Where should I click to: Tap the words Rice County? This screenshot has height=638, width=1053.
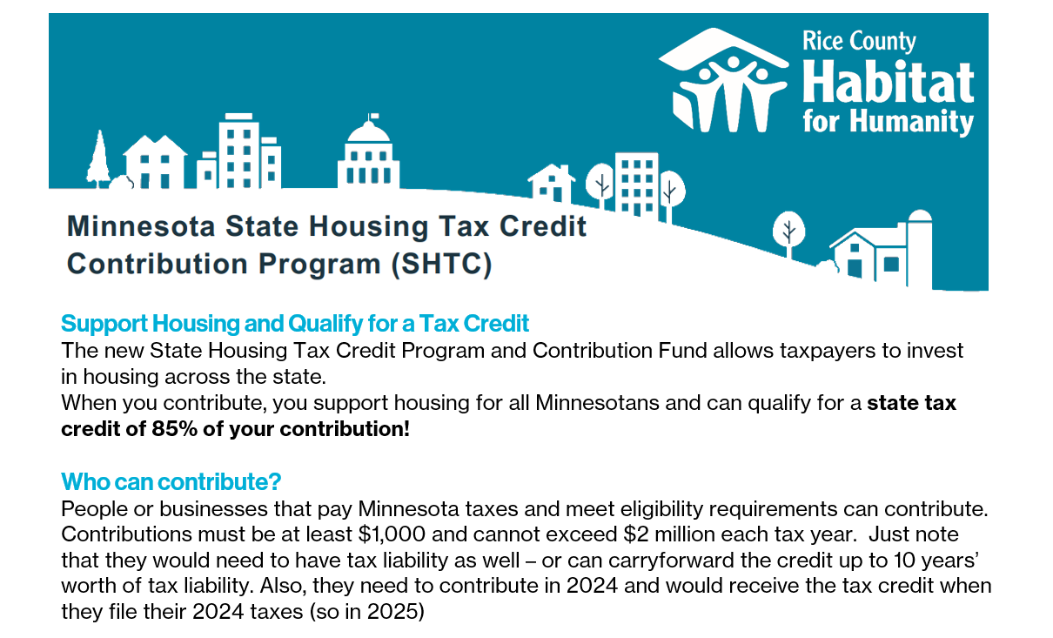coord(859,42)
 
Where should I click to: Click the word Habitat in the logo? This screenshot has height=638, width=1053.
coord(888,83)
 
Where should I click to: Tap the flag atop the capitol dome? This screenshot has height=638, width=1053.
coord(373,116)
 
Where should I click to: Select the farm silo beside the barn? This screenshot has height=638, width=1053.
coord(920,249)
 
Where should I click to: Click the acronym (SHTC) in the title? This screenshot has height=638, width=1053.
coord(442,264)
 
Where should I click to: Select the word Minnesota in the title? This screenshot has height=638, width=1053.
coord(141,226)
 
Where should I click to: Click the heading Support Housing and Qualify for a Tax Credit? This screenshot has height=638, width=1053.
coord(295,324)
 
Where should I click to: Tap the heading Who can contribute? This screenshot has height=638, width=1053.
coord(171,482)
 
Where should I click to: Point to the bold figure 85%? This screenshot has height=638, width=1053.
coord(174,429)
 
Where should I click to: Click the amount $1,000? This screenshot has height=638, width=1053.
coord(392,534)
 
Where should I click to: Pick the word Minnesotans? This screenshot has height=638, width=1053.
coord(597,403)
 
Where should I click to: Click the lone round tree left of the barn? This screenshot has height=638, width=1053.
coord(788,233)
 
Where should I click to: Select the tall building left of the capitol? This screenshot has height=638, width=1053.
coord(239,151)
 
